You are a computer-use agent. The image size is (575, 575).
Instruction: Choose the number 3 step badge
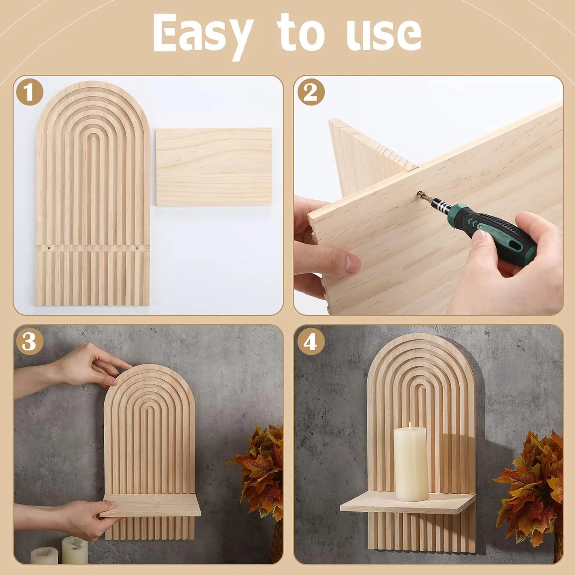(x=29, y=341)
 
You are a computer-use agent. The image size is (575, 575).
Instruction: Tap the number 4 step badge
(x=311, y=341)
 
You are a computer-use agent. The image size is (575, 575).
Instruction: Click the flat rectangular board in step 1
(x=214, y=167)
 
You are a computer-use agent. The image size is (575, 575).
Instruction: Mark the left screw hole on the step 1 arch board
(x=49, y=248)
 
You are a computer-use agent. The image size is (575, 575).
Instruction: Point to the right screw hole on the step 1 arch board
(x=138, y=248)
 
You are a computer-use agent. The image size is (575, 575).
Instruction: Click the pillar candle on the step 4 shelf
(x=411, y=466)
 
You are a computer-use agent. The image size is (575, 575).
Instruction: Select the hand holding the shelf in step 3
(x=86, y=517)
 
